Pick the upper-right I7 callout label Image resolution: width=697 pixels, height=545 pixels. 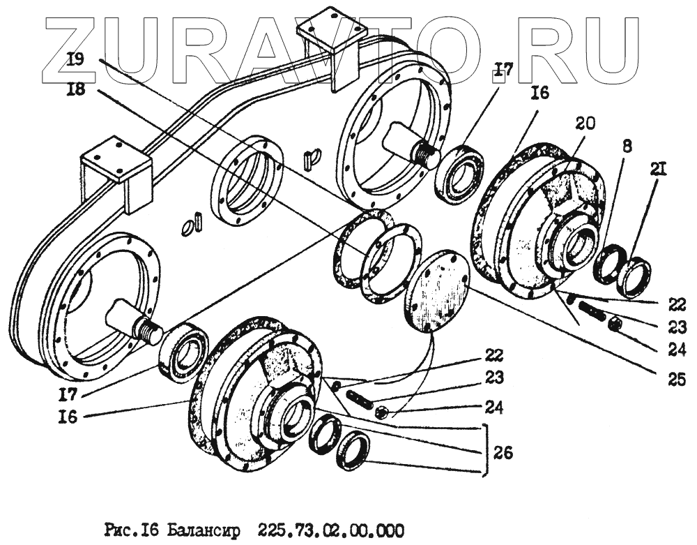click(x=503, y=69)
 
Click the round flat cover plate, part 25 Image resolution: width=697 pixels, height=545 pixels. click(x=436, y=288)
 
